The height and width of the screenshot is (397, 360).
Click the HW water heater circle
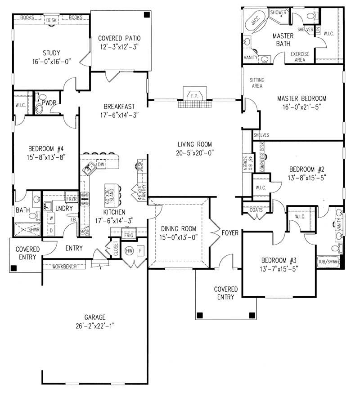(x=130, y=250)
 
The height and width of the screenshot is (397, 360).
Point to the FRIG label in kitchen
(x=129, y=235)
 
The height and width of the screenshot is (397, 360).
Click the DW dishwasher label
(x=102, y=165)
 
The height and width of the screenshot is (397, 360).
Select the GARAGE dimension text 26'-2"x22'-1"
(x=95, y=326)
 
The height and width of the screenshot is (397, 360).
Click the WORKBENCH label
(x=63, y=266)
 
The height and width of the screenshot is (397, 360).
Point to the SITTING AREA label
(x=257, y=83)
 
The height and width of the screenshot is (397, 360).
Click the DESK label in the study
(x=51, y=20)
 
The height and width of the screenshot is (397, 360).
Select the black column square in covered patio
(x=147, y=15)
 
